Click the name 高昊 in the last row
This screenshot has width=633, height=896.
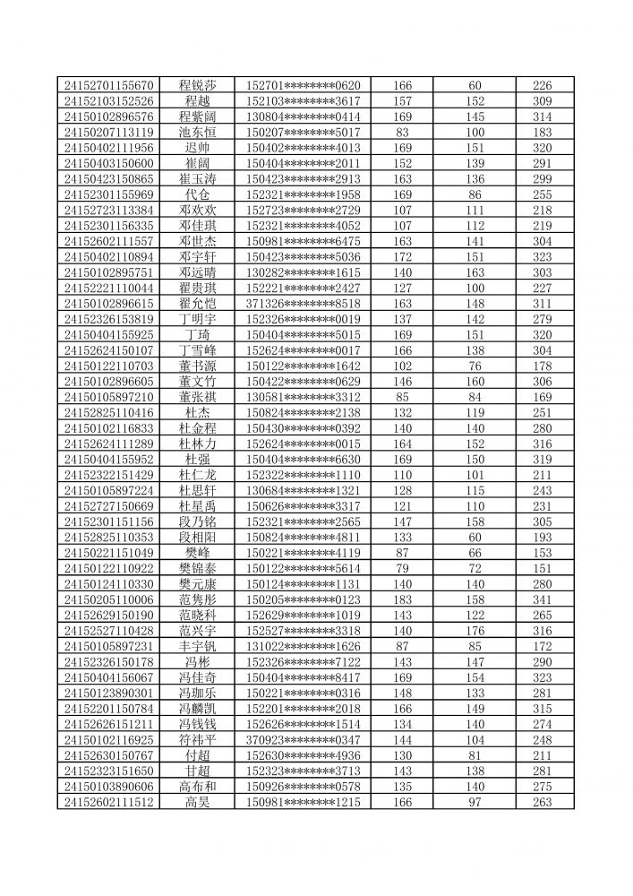coord(197,801)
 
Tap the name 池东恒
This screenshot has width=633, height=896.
coord(197,132)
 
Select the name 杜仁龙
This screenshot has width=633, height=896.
coord(197,474)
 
